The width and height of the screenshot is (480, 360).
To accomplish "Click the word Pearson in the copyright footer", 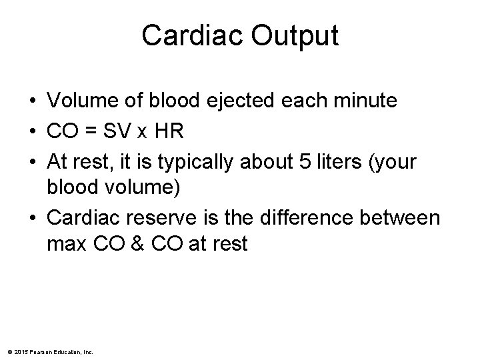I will pos(38,351).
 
